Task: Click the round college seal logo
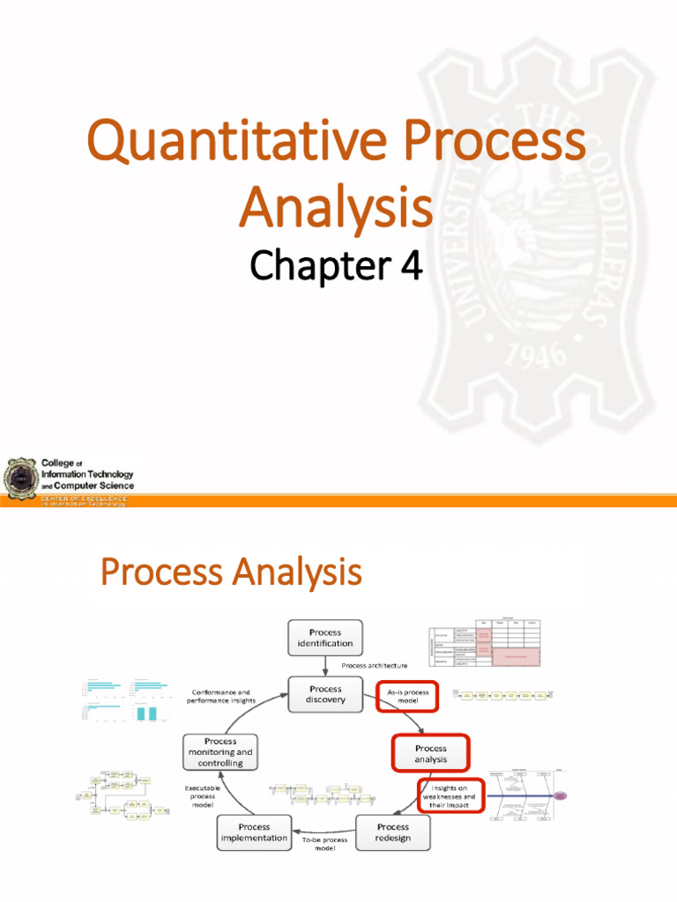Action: click(19, 479)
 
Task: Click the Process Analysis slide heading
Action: click(231, 573)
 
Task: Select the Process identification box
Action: click(325, 638)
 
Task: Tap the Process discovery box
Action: click(325, 695)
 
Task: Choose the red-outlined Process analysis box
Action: click(430, 754)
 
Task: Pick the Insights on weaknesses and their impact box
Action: click(450, 795)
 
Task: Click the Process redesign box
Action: click(393, 832)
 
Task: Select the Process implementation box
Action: click(254, 832)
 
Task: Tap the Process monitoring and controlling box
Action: click(220, 752)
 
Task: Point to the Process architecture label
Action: click(374, 666)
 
